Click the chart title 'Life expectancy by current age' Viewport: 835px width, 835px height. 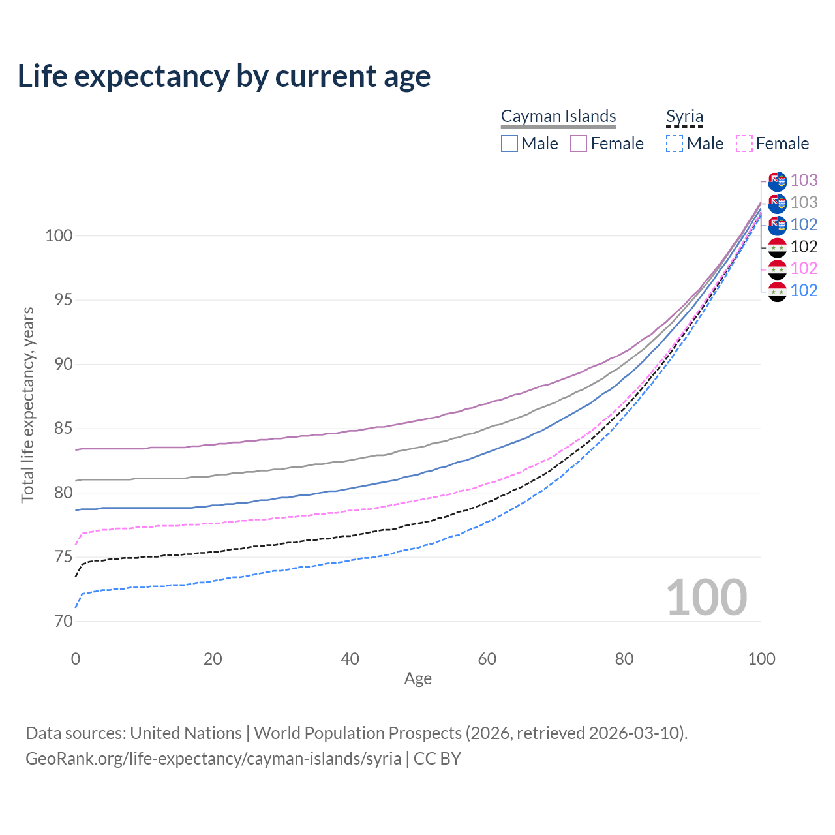point(224,76)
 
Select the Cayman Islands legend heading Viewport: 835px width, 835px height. point(558,116)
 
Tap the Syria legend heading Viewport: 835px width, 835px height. point(684,116)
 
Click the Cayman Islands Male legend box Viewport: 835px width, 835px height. point(509,144)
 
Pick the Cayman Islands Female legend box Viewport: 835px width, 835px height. point(579,144)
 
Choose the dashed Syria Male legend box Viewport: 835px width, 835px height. point(675,144)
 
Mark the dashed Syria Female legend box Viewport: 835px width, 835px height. point(744,144)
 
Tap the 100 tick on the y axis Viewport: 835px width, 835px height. point(59,235)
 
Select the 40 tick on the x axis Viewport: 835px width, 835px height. point(350,659)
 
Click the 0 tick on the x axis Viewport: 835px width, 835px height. point(76,659)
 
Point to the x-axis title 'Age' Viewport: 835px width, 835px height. point(417,678)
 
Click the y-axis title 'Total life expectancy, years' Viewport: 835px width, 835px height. point(27,404)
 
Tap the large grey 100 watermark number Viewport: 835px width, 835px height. point(706,597)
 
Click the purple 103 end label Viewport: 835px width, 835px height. point(804,180)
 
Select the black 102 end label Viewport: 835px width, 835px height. point(804,247)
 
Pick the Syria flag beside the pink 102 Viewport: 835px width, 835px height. point(777,269)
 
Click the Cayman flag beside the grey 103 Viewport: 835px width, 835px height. point(777,203)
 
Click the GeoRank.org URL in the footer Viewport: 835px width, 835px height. point(213,759)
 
